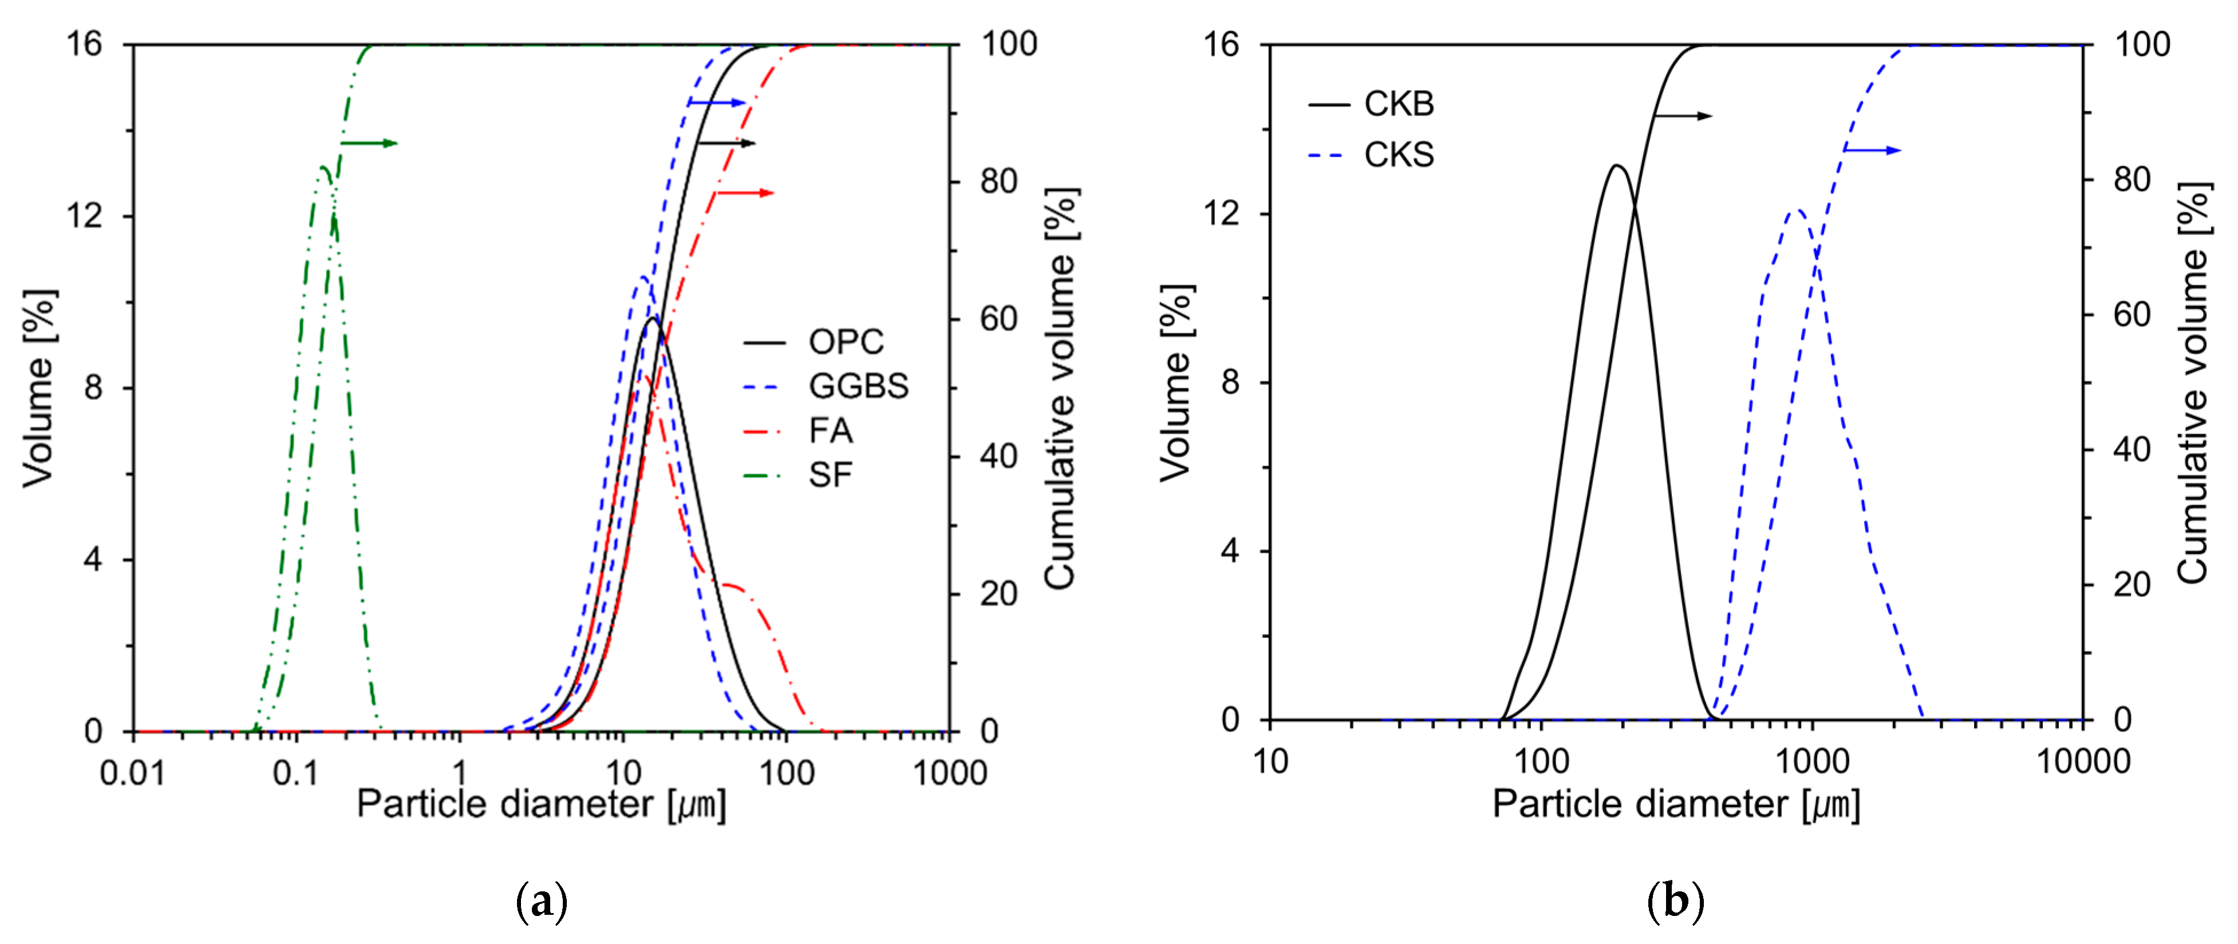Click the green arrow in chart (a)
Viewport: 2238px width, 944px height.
click(x=369, y=143)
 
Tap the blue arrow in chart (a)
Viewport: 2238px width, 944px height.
click(x=717, y=102)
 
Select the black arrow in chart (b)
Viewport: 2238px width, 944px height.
click(x=1683, y=116)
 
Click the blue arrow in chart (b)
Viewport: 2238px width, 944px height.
click(x=1872, y=150)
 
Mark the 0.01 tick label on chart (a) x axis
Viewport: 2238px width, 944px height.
click(x=132, y=773)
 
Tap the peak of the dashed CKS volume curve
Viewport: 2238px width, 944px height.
click(x=1797, y=210)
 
